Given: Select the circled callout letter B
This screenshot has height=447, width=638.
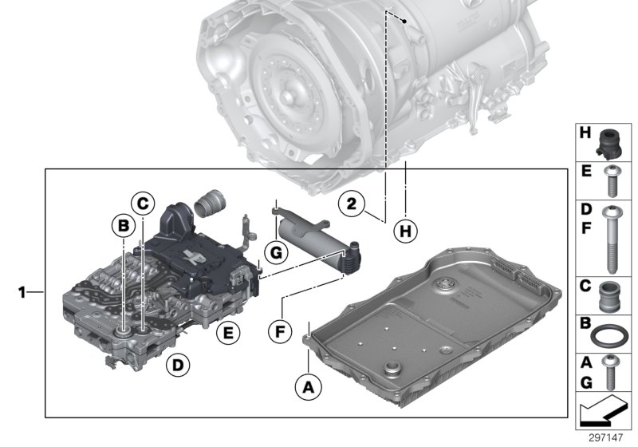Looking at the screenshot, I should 123,227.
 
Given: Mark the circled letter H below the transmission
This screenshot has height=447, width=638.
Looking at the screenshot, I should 406,232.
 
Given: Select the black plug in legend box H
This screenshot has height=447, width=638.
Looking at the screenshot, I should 612,141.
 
